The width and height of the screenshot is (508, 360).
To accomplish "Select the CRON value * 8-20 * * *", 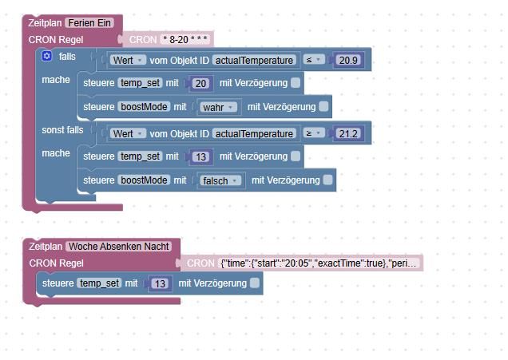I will (185, 38).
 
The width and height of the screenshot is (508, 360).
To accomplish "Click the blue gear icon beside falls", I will (46, 57).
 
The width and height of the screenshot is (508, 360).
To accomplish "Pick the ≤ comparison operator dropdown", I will (312, 60).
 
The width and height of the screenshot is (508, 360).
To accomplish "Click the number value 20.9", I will (348, 60).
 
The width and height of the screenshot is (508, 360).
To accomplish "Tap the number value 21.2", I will (348, 133).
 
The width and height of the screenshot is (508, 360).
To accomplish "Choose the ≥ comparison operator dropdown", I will (313, 133).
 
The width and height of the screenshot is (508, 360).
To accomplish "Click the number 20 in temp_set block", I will (200, 83).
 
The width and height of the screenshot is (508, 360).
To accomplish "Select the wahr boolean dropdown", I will (218, 107).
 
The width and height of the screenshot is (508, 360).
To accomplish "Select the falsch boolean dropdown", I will (221, 180).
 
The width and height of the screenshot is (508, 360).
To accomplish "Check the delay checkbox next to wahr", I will (323, 106).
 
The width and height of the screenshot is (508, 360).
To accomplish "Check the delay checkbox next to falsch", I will (327, 180).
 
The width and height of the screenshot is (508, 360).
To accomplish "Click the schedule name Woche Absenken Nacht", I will (118, 247).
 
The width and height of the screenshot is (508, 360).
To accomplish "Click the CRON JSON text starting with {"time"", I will (319, 263).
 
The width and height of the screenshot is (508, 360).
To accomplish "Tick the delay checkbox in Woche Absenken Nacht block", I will (254, 283).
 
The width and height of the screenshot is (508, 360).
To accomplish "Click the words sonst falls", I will (62, 130).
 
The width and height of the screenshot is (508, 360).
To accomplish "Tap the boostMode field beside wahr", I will (144, 107).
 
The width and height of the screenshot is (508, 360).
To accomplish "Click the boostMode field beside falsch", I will (144, 180).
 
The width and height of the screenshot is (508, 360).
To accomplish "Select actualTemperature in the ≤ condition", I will (254, 60).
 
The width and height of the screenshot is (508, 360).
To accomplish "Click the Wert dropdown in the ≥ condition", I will (127, 133).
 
